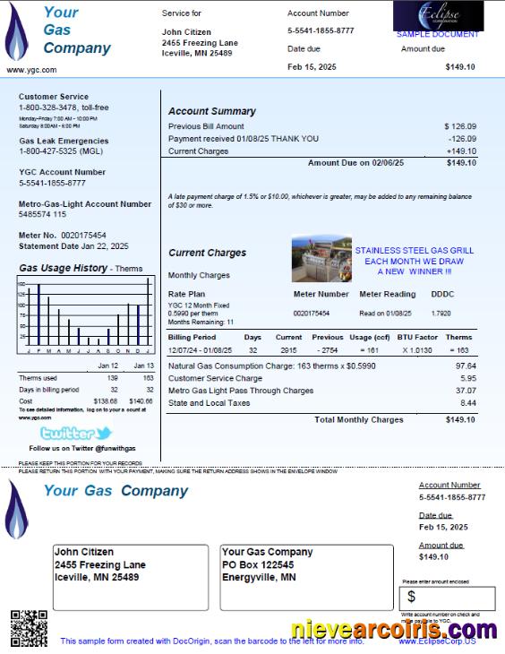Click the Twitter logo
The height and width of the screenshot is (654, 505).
(x=76, y=433)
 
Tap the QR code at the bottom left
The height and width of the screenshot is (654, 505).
(x=28, y=627)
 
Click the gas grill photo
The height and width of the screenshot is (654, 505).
(x=321, y=259)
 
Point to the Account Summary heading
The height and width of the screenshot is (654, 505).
(x=211, y=111)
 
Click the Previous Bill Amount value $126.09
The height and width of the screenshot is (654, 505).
(x=459, y=127)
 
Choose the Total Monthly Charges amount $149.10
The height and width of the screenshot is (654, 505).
(x=460, y=419)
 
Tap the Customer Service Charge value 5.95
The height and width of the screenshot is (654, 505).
(x=466, y=378)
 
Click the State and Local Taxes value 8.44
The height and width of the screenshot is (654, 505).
(x=466, y=403)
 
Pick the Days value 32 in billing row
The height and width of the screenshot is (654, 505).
(x=252, y=349)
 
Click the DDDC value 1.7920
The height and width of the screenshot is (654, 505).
(x=441, y=314)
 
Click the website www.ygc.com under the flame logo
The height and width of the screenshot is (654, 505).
(x=27, y=69)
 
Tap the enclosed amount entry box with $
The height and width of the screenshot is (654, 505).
(x=448, y=598)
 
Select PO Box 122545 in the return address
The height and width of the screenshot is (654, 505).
(x=258, y=565)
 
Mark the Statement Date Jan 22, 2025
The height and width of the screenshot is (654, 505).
(x=73, y=246)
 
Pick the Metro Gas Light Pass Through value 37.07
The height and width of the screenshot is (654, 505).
(x=466, y=391)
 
